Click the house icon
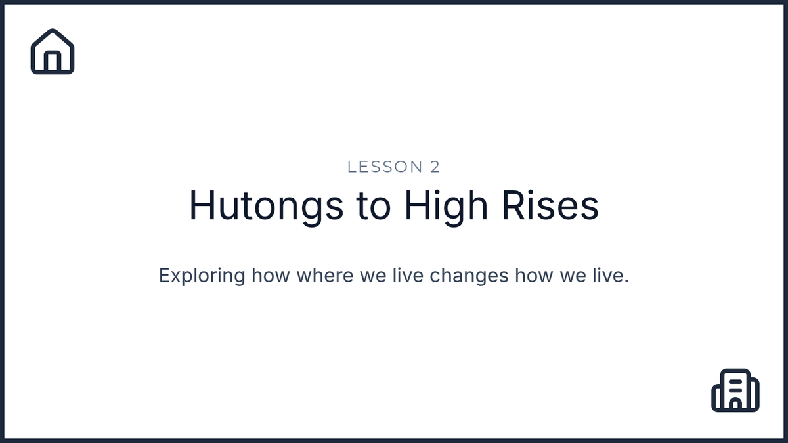coord(53,51)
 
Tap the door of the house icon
coord(53,62)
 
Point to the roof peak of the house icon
coord(53,30)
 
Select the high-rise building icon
coord(735,390)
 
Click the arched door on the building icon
coord(735,404)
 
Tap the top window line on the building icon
coord(735,381)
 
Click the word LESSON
coord(385,167)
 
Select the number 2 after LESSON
coord(435,167)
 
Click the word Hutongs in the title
coord(266,206)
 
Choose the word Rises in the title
coord(550,205)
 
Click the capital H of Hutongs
coord(202,205)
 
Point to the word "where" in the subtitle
coord(325,275)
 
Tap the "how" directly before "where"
coord(271,275)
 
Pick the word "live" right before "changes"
coord(408,275)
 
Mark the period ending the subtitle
coord(626,281)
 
